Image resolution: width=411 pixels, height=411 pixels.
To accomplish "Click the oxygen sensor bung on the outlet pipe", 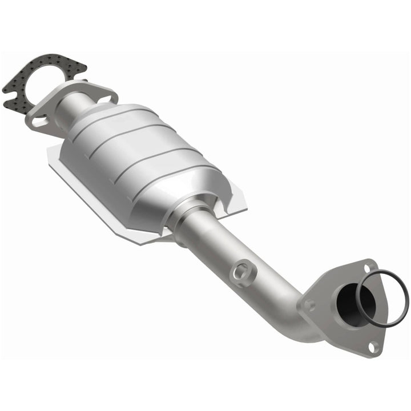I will tap(243, 269).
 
